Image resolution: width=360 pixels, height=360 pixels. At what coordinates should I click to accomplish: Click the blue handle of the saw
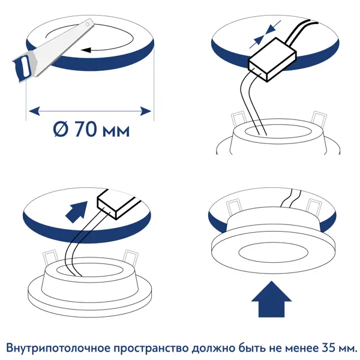click(23, 67)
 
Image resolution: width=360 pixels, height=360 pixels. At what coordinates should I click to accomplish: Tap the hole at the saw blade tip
click(87, 24)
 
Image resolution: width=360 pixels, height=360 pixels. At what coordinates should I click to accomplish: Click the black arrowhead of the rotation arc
click(86, 50)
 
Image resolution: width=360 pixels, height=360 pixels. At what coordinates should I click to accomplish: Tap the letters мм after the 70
click(116, 131)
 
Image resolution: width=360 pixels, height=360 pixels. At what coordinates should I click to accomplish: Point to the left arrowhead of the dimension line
click(34, 111)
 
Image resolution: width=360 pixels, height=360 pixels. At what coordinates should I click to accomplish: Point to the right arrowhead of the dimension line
click(146, 111)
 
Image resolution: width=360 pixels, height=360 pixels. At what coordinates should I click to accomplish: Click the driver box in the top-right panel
click(272, 59)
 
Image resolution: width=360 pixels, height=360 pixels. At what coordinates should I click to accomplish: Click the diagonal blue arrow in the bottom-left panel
click(77, 212)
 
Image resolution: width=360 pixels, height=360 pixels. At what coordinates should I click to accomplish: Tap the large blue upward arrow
click(271, 299)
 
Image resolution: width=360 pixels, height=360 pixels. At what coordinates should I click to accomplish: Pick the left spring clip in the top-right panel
click(239, 120)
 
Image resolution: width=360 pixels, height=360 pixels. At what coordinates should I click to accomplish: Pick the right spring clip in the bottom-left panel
click(130, 258)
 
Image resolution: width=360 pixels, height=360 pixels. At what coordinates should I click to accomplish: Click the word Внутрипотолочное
click(58, 348)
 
